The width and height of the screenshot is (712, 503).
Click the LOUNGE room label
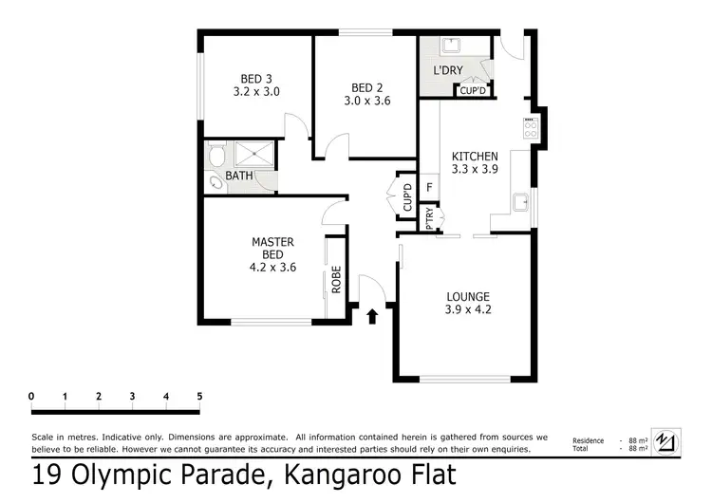[467, 302]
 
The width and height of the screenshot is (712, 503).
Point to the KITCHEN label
[475, 157]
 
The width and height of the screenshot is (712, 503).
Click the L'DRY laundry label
[447, 72]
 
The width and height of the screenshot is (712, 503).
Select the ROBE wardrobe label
[336, 282]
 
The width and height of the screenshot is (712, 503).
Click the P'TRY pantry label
[430, 219]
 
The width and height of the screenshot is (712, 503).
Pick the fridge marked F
[430, 187]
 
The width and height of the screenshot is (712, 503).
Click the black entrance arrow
[372, 314]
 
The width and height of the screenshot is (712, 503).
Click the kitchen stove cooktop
[531, 125]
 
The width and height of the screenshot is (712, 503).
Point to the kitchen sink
[520, 200]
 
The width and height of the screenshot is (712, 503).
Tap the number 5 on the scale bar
[199, 396]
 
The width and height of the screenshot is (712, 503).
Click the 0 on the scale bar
[31, 396]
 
